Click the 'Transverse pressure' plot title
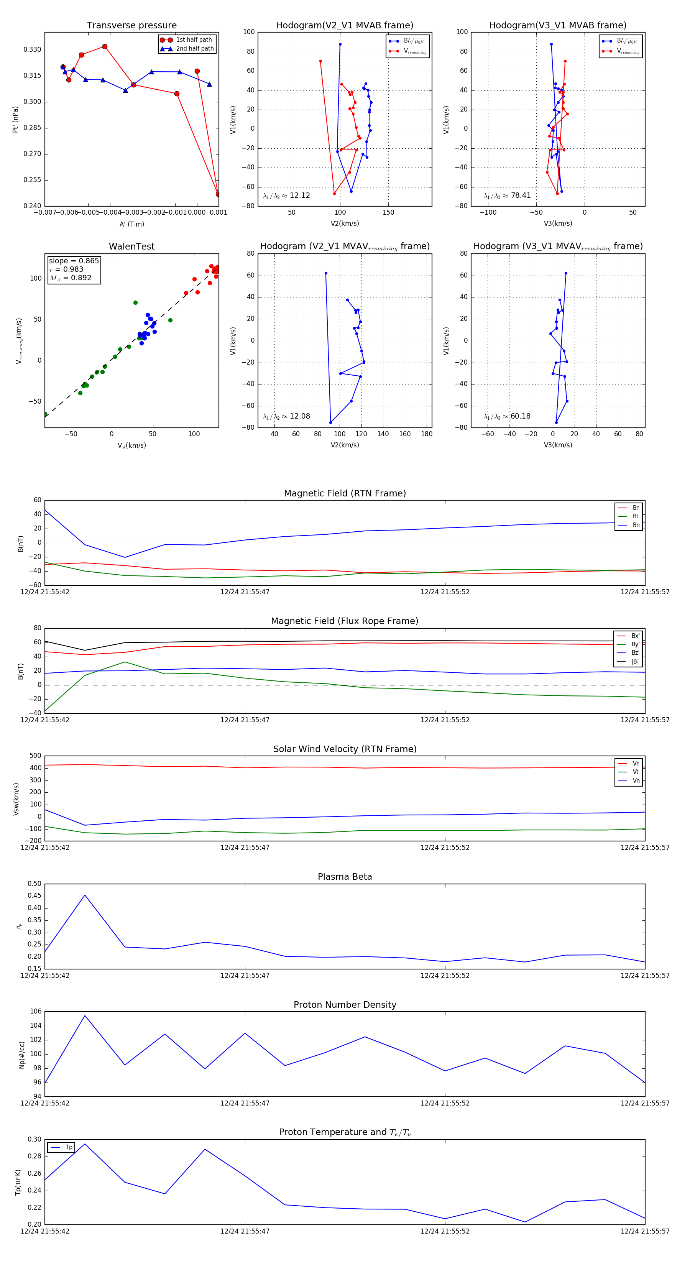(x=131, y=26)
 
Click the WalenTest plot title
(x=131, y=246)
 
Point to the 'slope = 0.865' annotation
(x=74, y=261)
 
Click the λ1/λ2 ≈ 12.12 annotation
(x=286, y=195)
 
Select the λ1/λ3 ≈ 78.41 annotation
(x=507, y=195)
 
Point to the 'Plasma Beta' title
(x=345, y=877)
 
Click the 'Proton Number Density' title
(x=345, y=1004)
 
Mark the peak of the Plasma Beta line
(x=85, y=895)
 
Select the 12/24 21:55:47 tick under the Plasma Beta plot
(x=245, y=975)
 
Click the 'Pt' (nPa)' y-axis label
(x=16, y=119)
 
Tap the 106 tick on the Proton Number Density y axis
(x=35, y=1011)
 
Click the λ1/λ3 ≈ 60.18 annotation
(x=507, y=416)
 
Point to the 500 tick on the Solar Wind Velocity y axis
(x=35, y=756)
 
